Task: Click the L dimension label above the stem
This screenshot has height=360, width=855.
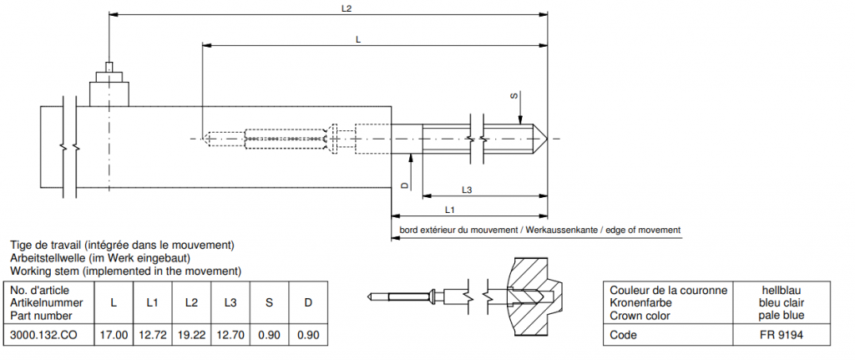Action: point(357,40)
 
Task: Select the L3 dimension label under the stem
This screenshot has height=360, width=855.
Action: point(467,190)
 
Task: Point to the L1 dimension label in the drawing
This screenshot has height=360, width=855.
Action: point(450,209)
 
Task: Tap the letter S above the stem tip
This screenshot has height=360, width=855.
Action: point(514,97)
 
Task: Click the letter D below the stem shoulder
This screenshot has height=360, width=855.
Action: point(404,185)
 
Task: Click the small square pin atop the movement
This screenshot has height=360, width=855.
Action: point(109,68)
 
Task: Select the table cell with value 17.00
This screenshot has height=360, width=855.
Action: point(114,334)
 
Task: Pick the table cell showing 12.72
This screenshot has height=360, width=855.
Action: point(153,334)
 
